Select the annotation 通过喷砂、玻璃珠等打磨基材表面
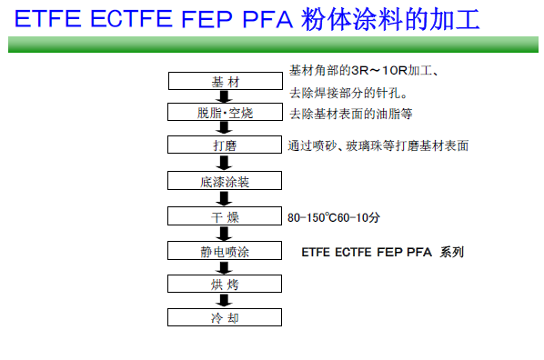378,145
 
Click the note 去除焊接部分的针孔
348,93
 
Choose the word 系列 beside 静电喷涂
452,252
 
